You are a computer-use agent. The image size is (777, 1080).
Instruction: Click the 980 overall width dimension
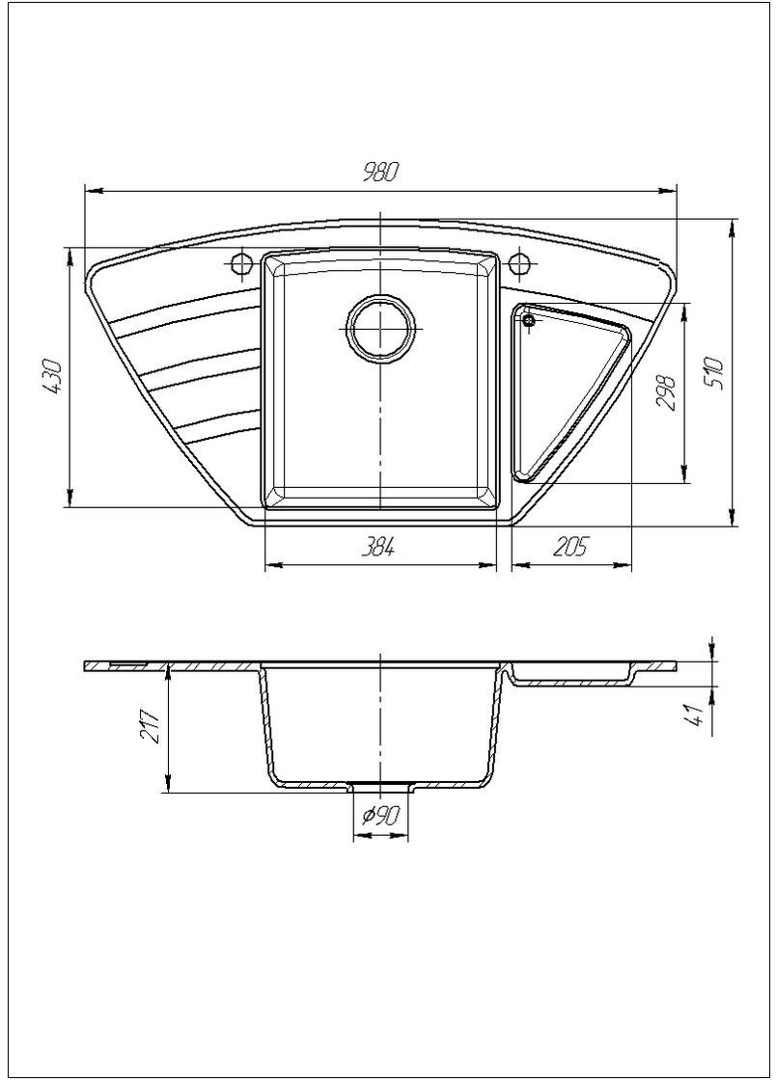click(380, 174)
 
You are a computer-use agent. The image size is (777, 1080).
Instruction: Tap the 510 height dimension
click(715, 372)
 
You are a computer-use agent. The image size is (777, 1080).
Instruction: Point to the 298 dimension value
click(666, 392)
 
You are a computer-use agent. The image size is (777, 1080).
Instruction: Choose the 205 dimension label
click(570, 547)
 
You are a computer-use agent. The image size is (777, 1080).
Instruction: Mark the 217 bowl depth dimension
click(151, 725)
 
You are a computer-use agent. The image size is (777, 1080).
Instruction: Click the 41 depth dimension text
click(691, 715)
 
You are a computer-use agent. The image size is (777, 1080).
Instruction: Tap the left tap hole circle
click(240, 262)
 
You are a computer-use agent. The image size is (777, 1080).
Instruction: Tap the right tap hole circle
click(521, 262)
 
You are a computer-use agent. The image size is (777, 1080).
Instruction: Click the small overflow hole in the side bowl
click(529, 322)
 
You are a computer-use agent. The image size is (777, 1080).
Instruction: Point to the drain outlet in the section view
click(381, 786)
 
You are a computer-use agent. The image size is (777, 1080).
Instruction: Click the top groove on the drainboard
click(183, 310)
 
